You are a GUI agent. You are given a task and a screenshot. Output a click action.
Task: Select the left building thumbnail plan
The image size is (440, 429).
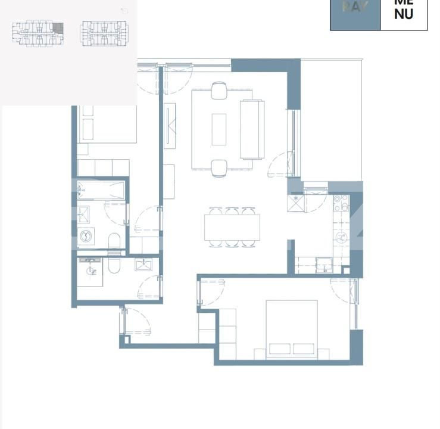click(38, 33)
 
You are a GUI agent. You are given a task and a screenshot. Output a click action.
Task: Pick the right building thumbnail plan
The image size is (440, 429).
click(104, 33)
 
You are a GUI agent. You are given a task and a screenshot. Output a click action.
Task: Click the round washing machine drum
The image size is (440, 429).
click(85, 237)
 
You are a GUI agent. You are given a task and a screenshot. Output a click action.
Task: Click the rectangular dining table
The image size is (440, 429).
click(232, 226)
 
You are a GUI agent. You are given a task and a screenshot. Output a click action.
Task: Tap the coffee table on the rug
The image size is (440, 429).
click(219, 129)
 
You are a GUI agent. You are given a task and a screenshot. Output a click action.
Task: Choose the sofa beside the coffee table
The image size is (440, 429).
click(252, 129)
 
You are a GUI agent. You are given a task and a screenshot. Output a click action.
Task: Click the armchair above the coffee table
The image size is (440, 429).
click(219, 91)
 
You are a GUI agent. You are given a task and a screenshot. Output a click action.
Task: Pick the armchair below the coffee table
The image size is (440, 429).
click(219, 168)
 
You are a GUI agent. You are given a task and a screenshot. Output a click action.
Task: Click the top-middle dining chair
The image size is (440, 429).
click(232, 211)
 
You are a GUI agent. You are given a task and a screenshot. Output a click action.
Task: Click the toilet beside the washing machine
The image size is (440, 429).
click(115, 241)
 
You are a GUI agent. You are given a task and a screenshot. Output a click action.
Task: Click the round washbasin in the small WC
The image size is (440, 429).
click(91, 271)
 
